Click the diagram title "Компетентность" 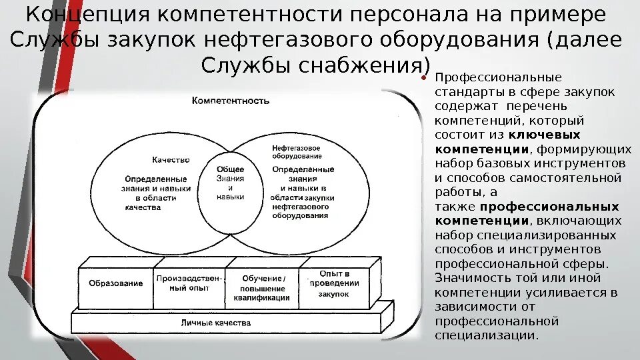230,101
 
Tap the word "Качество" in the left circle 171,160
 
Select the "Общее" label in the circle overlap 231,169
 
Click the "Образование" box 115,283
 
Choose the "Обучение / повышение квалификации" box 263,288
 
